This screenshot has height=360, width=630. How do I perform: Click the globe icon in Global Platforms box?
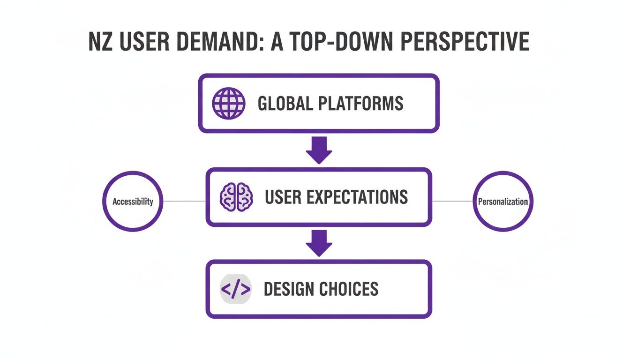pyautogui.click(x=228, y=103)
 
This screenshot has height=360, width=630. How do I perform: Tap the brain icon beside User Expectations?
pyautogui.click(x=236, y=197)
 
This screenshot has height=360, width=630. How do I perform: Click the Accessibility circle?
pyautogui.click(x=133, y=202)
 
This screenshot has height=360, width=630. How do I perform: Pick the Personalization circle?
pyautogui.click(x=503, y=202)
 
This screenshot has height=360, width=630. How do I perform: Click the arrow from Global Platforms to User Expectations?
pyautogui.click(x=319, y=150)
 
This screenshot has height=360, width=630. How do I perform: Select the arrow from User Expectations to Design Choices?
pyautogui.click(x=319, y=242)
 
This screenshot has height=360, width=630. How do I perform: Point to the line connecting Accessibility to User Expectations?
pyautogui.click(x=184, y=202)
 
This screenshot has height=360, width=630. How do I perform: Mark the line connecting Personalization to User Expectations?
pyautogui.click(x=452, y=202)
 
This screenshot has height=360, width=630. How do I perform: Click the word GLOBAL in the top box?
pyautogui.click(x=285, y=103)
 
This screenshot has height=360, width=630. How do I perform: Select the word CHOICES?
pyautogui.click(x=351, y=289)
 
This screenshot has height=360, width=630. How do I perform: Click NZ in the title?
pyautogui.click(x=100, y=43)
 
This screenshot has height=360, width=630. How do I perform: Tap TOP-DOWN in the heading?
pyautogui.click(x=331, y=43)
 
